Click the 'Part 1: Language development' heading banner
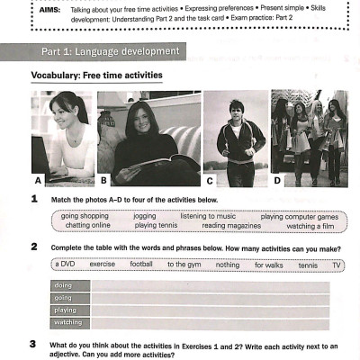point(108,50)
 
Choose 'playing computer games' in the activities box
point(299,217)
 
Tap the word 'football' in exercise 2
point(141,265)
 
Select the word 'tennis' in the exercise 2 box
point(308,265)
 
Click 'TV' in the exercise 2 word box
point(337,265)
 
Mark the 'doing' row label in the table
point(63,285)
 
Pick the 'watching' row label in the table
point(67,321)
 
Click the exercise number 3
point(33,344)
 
